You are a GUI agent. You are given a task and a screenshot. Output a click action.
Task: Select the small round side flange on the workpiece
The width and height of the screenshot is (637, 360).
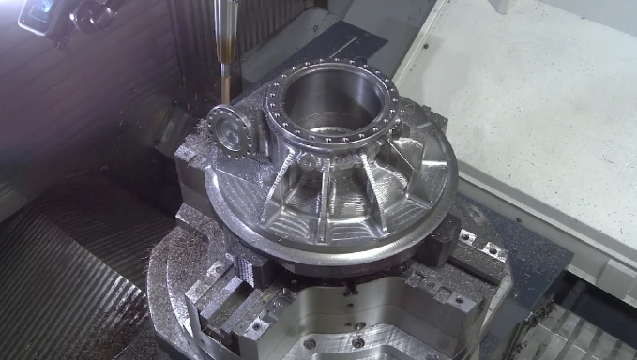[230, 130]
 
